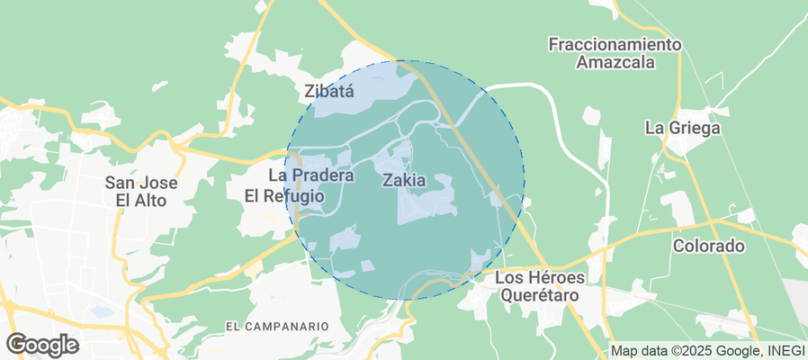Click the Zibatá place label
point(329,91)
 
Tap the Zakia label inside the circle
point(404,180)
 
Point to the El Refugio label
point(285,195)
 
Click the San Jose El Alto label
point(141,191)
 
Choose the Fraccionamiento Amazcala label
point(615,53)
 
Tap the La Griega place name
point(683,128)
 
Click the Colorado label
point(709,246)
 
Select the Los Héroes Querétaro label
point(539,285)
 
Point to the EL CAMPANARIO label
point(277,325)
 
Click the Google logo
point(41,344)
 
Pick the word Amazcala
point(615,63)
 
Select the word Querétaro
point(539,294)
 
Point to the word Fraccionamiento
point(615,44)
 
